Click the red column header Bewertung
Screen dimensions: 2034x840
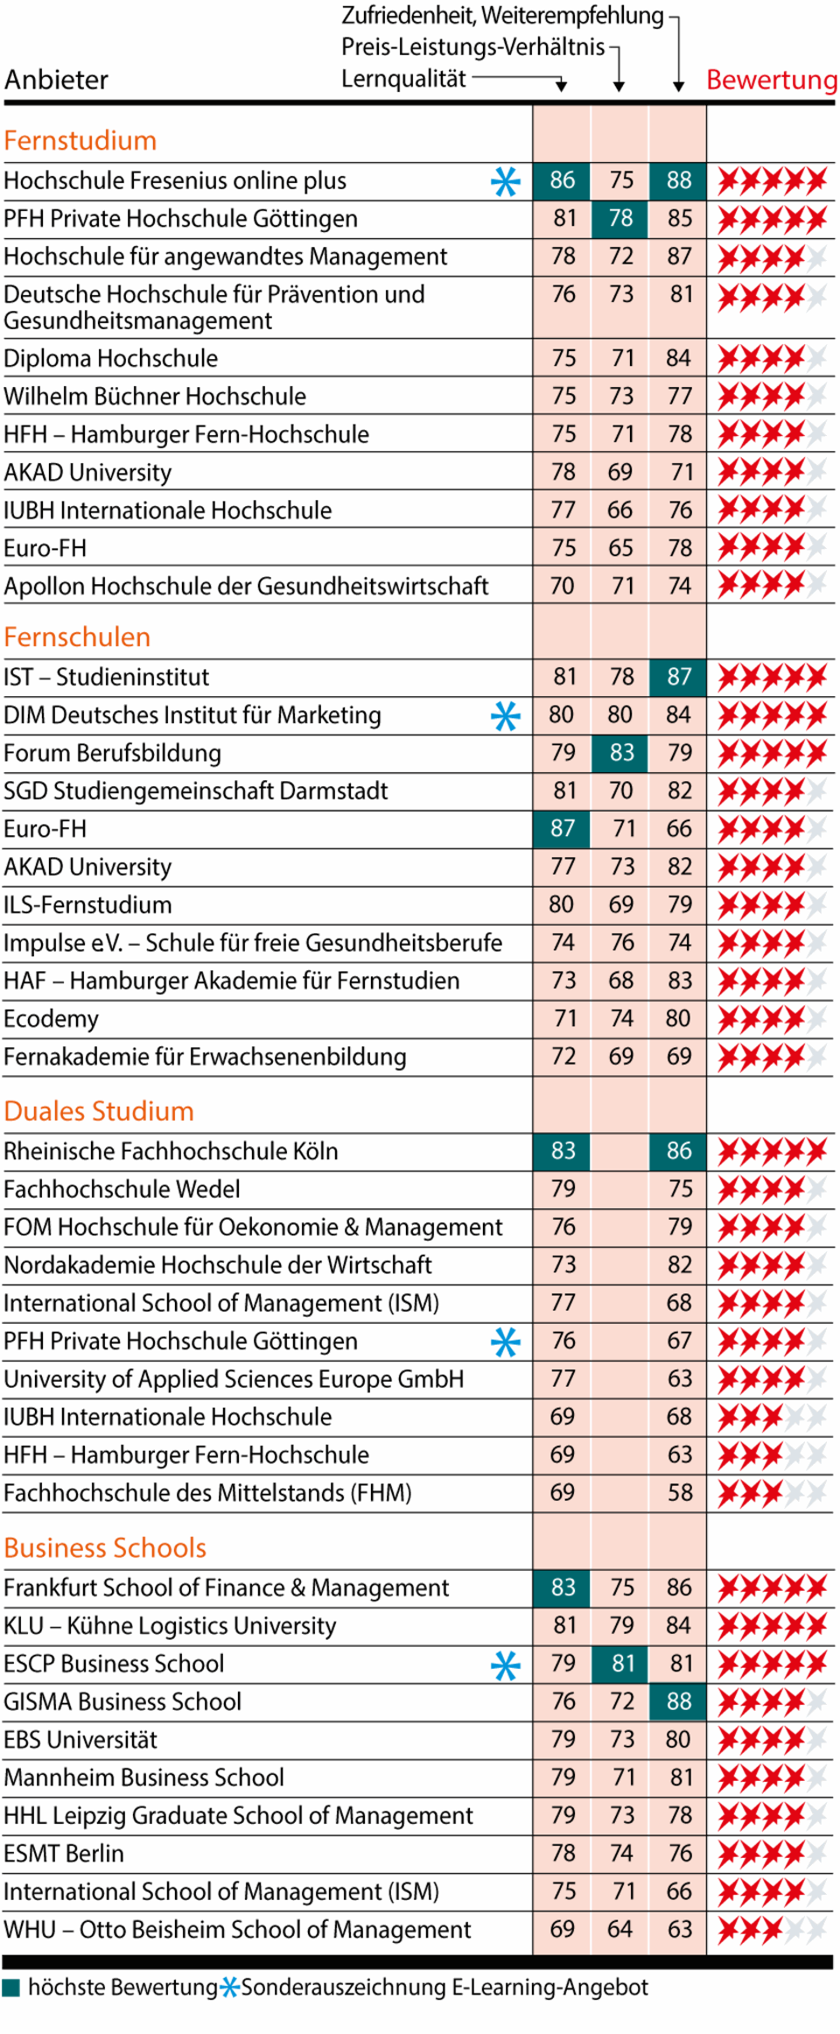[x=771, y=80]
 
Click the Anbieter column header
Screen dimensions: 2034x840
[x=57, y=80]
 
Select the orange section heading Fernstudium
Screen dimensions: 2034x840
[x=80, y=140]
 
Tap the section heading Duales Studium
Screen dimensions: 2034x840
[x=99, y=1110]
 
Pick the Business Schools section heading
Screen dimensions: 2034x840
[x=105, y=1547]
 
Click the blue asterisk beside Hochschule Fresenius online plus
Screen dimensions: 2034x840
[x=505, y=181]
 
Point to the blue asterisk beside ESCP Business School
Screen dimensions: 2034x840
[x=505, y=1665]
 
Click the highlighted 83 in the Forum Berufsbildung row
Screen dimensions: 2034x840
[x=620, y=753]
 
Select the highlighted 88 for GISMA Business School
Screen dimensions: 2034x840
[x=678, y=1701]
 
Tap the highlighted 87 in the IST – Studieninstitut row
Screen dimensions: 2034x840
[x=678, y=677]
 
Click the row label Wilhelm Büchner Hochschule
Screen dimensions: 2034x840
[x=155, y=397]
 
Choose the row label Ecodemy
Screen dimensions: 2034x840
[x=51, y=1018]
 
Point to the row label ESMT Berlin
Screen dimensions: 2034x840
[x=64, y=1853]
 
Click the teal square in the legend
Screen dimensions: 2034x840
[x=11, y=1987]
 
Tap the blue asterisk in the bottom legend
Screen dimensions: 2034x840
[x=229, y=1987]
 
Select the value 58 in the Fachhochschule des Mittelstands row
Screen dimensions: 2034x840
[x=679, y=1492]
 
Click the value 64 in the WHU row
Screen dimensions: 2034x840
[x=620, y=1929]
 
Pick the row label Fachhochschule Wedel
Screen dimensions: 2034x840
[x=122, y=1189]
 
